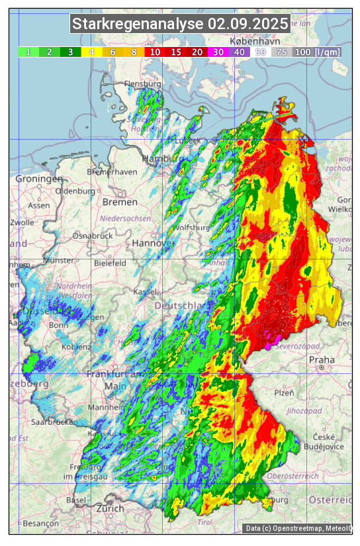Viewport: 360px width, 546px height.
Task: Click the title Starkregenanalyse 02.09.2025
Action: pos(180,24)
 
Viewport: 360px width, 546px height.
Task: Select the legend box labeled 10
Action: pos(155,52)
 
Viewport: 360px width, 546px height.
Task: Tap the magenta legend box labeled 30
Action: pos(218,52)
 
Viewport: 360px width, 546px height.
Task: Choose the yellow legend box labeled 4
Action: pos(91,52)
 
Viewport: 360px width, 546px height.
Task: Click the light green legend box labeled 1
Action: pos(28,52)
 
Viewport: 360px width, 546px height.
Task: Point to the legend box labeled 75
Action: pos(281,52)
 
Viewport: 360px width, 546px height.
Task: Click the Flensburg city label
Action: pos(142,85)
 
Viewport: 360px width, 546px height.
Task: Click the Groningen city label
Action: pos(39,179)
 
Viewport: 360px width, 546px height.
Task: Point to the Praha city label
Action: pos(322,359)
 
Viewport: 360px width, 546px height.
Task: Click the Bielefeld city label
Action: pos(110,263)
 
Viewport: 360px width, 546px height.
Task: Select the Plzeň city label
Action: pos(284,392)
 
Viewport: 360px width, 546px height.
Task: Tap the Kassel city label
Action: pos(144,291)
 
